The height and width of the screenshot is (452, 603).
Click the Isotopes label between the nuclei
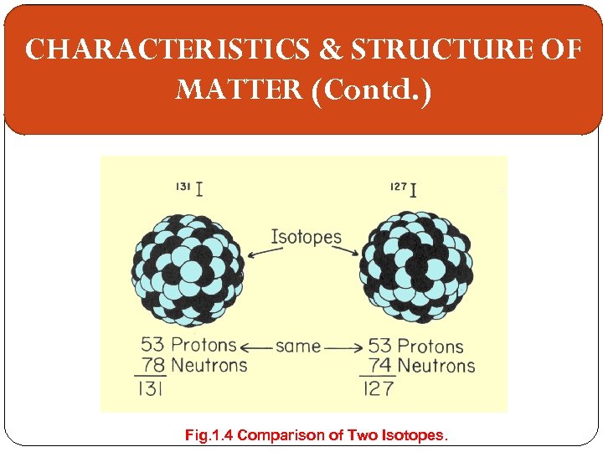307,236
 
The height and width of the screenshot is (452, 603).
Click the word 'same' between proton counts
298,346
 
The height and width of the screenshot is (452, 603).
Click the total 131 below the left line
151,388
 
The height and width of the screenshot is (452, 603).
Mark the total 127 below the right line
379,388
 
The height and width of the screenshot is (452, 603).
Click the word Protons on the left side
204,345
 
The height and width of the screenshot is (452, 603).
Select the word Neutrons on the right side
435,366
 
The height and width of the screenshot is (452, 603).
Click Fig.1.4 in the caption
209,435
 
